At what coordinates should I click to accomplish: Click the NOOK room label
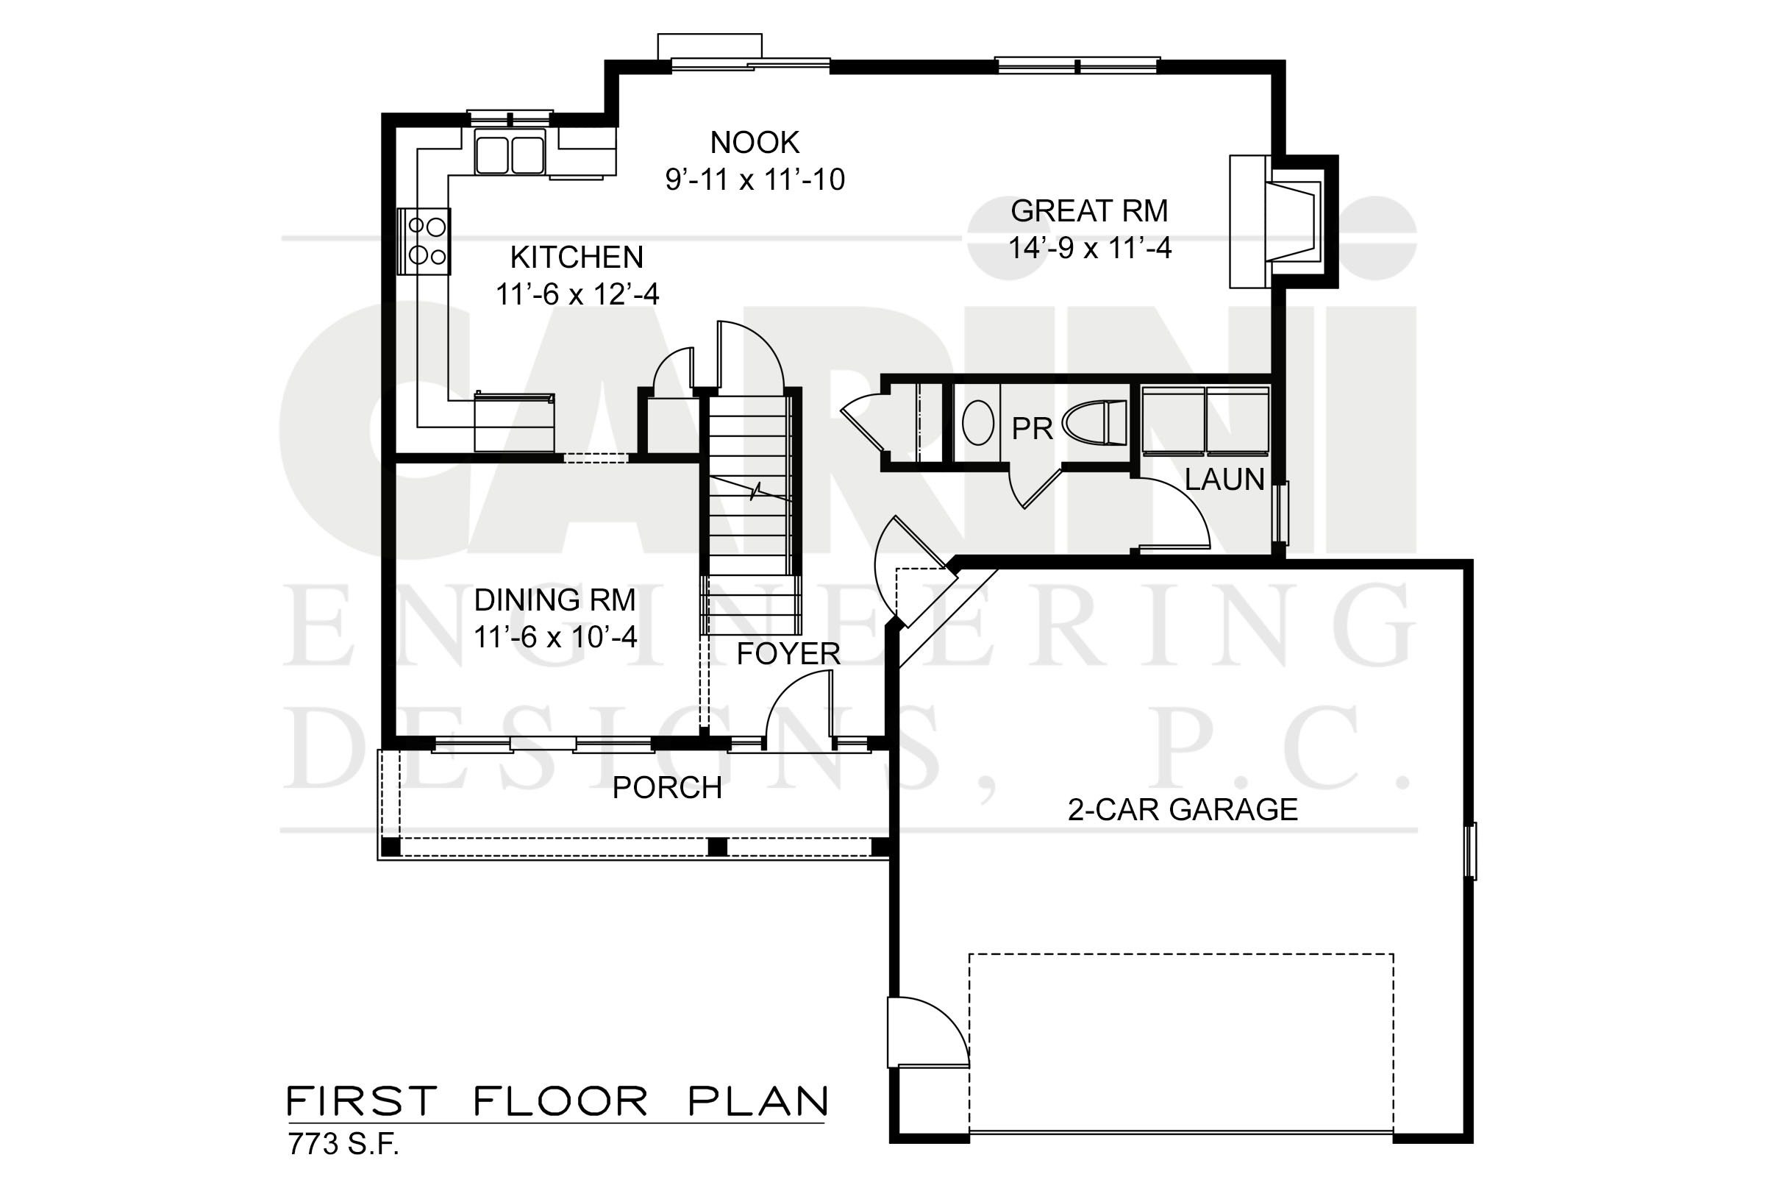pyautogui.click(x=755, y=143)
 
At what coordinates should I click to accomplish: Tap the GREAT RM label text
pyautogui.click(x=1089, y=211)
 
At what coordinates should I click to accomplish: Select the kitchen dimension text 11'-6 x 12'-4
pyautogui.click(x=577, y=294)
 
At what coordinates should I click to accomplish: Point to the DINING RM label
pyautogui.click(x=555, y=600)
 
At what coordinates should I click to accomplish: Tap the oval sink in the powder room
pyautogui.click(x=978, y=424)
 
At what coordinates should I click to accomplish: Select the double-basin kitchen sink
pyautogui.click(x=510, y=153)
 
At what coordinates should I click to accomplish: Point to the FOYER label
pyautogui.click(x=788, y=654)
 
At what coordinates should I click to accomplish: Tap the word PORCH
pyautogui.click(x=667, y=787)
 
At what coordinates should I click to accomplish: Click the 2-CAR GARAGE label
pyautogui.click(x=1183, y=809)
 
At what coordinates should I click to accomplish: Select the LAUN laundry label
pyautogui.click(x=1224, y=480)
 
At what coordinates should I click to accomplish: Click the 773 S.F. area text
pyautogui.click(x=343, y=1144)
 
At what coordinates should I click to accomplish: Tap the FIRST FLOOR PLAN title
pyautogui.click(x=557, y=1101)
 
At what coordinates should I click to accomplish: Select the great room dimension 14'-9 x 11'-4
pyautogui.click(x=1090, y=248)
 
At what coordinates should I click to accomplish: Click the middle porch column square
pyautogui.click(x=718, y=846)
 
